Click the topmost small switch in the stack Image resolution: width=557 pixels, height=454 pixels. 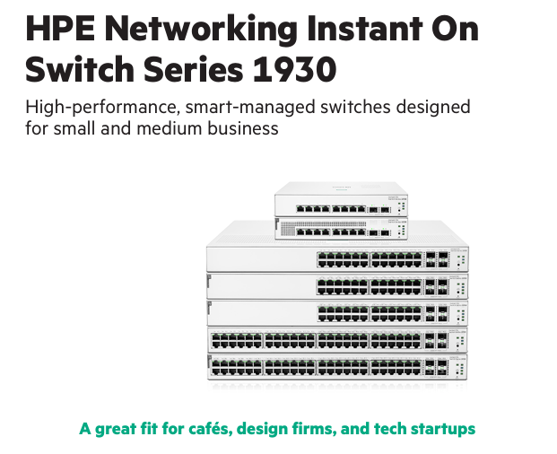pos(340,200)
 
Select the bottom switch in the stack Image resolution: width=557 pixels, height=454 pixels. pos(339,369)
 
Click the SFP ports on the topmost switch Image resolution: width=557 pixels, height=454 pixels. pos(378,208)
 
